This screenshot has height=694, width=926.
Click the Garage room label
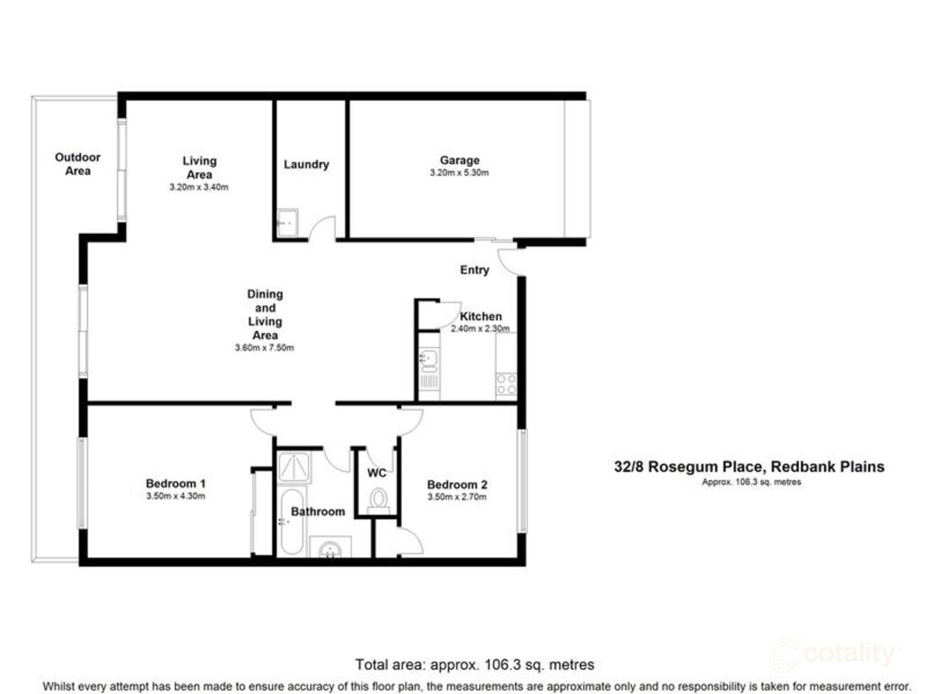(x=459, y=160)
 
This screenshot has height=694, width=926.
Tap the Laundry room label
(x=306, y=165)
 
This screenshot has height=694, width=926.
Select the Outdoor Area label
(x=78, y=164)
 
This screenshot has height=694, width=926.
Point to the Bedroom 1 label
(x=175, y=484)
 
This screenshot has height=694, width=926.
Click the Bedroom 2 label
(x=457, y=485)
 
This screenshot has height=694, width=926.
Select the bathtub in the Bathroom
(x=291, y=522)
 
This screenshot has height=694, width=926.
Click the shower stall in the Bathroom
(x=294, y=467)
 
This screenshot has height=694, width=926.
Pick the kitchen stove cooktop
(x=506, y=384)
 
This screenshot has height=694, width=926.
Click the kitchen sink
(x=428, y=358)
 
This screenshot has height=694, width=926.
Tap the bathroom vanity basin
(x=331, y=548)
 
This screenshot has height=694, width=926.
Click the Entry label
(x=474, y=270)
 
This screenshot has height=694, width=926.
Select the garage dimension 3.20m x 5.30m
(x=459, y=173)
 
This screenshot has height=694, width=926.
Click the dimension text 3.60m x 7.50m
(x=264, y=348)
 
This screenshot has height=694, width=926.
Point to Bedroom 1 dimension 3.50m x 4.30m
(x=175, y=496)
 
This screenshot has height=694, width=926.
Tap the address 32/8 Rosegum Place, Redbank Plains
(x=749, y=467)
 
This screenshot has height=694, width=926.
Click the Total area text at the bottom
(x=474, y=665)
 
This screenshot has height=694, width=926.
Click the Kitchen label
(x=481, y=316)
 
